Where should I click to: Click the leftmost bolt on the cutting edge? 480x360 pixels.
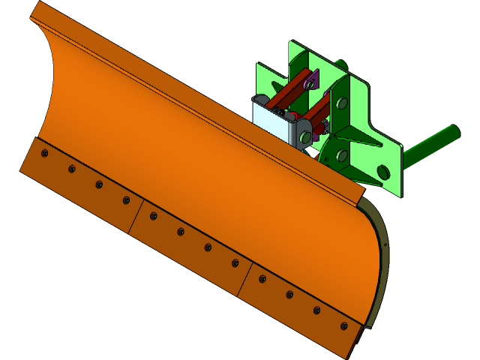pos(44,153)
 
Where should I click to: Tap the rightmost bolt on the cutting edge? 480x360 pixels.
pos(343,326)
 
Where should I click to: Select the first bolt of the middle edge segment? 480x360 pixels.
pos(153,216)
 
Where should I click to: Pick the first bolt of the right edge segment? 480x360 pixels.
pos(262,279)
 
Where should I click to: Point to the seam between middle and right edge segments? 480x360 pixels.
pos(244,280)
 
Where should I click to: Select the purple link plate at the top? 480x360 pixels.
pos(312,81)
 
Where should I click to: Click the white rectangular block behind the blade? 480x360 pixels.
pos(270,116)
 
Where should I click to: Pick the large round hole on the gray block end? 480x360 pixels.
pos(305,137)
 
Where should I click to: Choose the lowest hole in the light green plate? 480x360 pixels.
pos(383,172)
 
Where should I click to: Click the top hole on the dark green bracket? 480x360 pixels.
pos(341,103)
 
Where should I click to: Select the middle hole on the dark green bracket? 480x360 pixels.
pos(342,155)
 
